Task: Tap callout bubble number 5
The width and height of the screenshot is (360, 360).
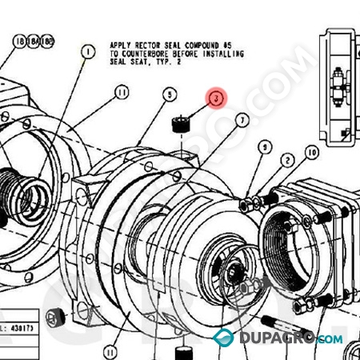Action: click(169, 94)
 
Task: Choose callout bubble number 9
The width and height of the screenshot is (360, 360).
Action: click(265, 148)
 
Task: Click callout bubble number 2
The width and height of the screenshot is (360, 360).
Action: click(286, 161)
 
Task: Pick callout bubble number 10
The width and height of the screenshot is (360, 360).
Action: click(311, 152)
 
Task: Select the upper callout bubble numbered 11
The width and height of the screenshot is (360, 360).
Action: click(121, 94)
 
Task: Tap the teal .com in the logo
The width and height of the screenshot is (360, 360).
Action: click(329, 339)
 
